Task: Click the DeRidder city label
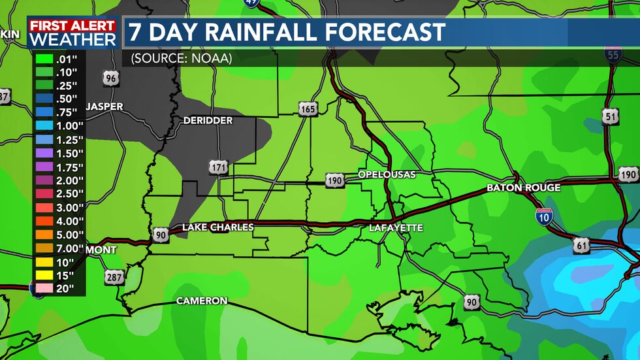pos(208,120)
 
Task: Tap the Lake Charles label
pos(217,227)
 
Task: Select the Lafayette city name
pos(396,227)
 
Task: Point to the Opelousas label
pos(387,174)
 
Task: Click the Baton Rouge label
pos(523,188)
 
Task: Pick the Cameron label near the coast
pos(202,301)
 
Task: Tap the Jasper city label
pos(104,106)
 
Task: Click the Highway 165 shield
pos(308,108)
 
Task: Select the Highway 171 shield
pos(219,167)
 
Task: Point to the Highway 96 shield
pos(112,79)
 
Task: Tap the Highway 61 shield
pos(583,246)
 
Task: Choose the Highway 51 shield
pos(611,117)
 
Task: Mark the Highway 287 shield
pos(114,278)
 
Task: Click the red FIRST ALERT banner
pos(72,25)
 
